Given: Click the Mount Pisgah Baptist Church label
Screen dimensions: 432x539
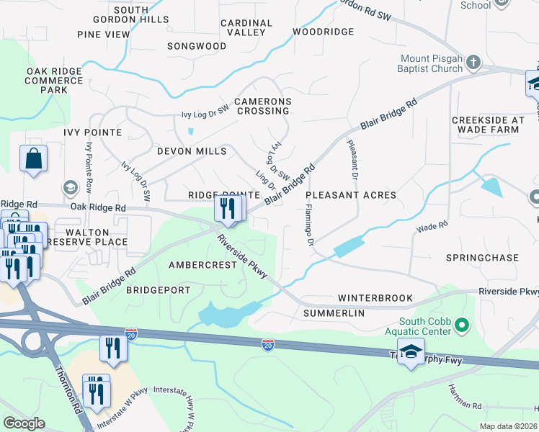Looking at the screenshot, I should (432, 63).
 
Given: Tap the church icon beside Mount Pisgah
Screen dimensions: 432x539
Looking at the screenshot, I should (473, 63).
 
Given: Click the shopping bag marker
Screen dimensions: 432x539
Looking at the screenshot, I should (33, 160).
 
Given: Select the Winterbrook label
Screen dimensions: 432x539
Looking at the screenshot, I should (375, 297).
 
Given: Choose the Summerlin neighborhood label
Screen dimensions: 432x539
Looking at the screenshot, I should (334, 313).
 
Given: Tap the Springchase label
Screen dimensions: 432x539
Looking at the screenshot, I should (482, 258).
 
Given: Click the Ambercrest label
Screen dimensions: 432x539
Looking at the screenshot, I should (202, 265).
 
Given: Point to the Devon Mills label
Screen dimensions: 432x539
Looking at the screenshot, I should (192, 151).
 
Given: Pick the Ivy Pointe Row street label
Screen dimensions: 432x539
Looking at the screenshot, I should (89, 166).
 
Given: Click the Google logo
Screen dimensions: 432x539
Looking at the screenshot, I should (24, 423).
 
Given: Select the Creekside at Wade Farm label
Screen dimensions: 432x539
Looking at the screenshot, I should (485, 125).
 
